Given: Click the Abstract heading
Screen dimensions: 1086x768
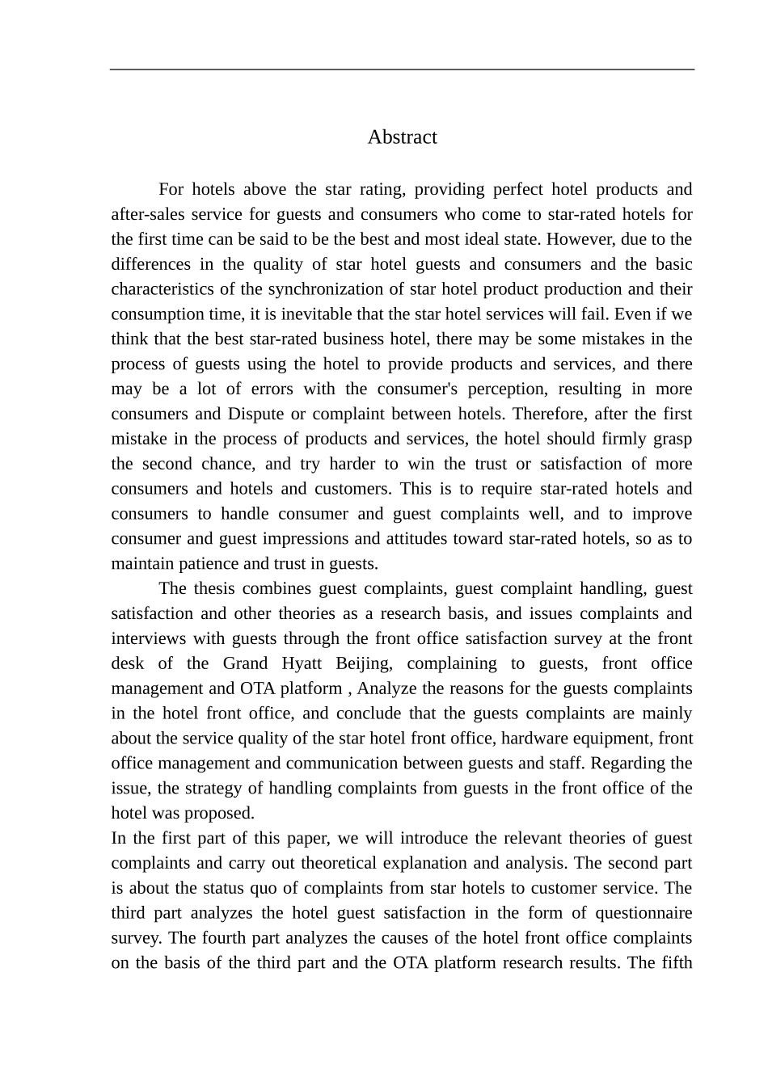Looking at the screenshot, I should click(402, 137).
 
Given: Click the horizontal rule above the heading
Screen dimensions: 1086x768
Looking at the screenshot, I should click(402, 69).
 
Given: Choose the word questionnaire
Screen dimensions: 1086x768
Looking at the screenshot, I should click(644, 913).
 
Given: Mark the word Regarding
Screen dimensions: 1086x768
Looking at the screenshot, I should click(650, 764).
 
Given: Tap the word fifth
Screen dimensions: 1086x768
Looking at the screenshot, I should click(677, 963).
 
